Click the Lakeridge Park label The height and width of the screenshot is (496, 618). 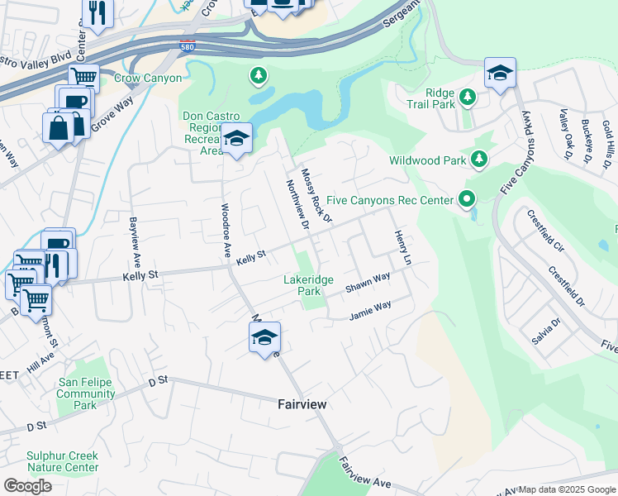(307, 286)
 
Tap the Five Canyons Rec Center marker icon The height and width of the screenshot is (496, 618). (467, 199)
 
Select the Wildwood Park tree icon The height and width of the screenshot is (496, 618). (478, 158)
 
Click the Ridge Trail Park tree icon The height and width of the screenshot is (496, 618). (468, 98)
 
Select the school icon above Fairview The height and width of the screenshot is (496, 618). (264, 337)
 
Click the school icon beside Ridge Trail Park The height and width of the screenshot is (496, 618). (500, 74)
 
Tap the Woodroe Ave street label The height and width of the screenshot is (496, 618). (224, 231)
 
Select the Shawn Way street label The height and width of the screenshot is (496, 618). (368, 282)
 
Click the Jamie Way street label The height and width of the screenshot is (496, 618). (369, 312)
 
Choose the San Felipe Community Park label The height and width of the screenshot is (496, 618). (86, 393)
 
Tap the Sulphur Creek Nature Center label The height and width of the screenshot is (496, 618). (62, 461)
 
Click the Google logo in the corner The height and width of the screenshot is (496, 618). (27, 486)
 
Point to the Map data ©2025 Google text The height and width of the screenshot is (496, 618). (566, 489)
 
